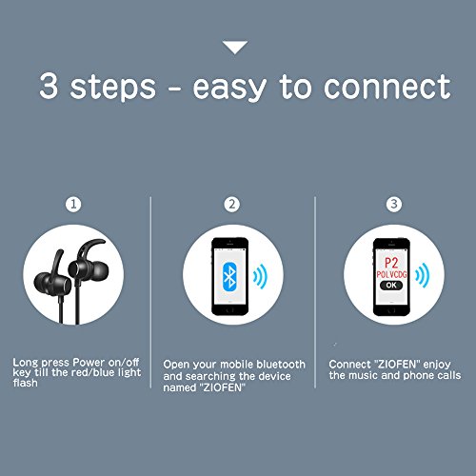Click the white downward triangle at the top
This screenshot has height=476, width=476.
point(235,47)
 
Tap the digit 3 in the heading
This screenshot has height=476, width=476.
point(49,85)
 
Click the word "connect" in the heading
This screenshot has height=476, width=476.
point(387,87)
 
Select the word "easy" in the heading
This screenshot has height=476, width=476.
point(229,89)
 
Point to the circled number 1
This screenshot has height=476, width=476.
point(73,204)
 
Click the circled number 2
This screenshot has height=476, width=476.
point(232,204)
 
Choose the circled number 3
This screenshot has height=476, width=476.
point(394,204)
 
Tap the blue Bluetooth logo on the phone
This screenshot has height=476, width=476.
point(230,276)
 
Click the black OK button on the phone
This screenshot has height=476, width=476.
point(391,285)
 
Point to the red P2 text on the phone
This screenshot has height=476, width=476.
point(391,263)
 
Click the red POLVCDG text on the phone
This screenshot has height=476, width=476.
point(391,274)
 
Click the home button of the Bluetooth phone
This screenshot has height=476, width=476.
point(230,309)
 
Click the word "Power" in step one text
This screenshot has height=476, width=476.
point(89,363)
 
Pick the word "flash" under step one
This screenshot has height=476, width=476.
point(26,383)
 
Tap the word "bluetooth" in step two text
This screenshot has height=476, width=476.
point(281,365)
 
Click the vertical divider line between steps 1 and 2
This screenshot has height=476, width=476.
point(150,292)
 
